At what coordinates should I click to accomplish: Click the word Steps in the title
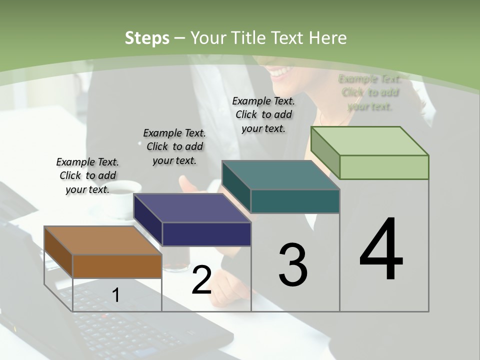147,38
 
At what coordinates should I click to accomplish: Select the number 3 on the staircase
292,265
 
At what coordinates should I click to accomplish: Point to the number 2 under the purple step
201,280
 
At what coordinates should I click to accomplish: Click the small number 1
115,295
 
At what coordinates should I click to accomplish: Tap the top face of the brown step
102,240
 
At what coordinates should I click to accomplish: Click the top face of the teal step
280,175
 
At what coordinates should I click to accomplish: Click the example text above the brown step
87,175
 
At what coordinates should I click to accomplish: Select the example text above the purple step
174,146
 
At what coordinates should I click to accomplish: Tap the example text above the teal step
263,114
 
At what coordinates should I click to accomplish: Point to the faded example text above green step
370,92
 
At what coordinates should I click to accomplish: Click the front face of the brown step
117,266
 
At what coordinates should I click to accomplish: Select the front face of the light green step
384,167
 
